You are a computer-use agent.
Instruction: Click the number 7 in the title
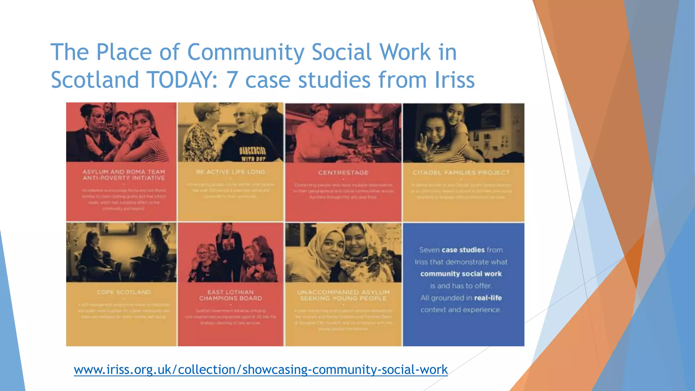tap(232, 80)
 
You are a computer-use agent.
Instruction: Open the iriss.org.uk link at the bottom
tap(261, 369)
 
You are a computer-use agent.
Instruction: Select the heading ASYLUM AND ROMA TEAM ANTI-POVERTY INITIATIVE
tap(124, 175)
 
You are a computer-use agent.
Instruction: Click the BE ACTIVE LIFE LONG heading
tap(230, 172)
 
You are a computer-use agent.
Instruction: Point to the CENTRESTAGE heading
tap(343, 173)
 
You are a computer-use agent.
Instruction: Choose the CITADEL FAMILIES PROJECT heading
tap(461, 173)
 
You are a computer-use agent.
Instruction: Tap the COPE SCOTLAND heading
tap(124, 292)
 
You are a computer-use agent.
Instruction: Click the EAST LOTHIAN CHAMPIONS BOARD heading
tap(230, 295)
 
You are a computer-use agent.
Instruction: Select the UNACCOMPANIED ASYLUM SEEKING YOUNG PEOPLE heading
tap(343, 295)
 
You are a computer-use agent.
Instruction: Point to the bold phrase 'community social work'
tap(461, 274)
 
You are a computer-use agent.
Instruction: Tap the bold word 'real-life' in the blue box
tap(488, 298)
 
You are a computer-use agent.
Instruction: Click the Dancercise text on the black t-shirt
tap(252, 151)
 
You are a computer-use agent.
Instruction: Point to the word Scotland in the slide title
tap(95, 80)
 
